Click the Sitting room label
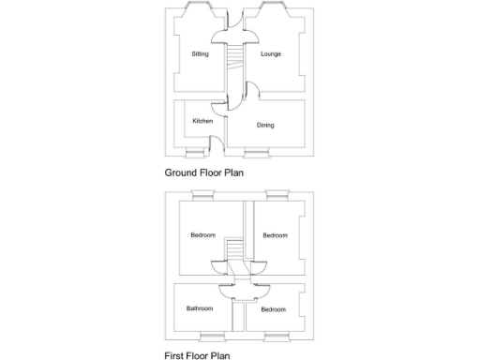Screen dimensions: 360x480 200,54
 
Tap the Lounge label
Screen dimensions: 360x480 271,54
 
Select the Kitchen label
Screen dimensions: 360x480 202,121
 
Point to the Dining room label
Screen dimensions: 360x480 265,125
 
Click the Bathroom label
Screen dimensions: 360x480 199,308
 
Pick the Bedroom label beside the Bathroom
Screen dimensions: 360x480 273,309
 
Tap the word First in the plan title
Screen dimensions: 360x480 174,355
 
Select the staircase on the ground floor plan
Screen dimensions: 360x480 234,67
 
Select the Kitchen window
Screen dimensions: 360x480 195,152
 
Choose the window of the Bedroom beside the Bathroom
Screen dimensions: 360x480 275,335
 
